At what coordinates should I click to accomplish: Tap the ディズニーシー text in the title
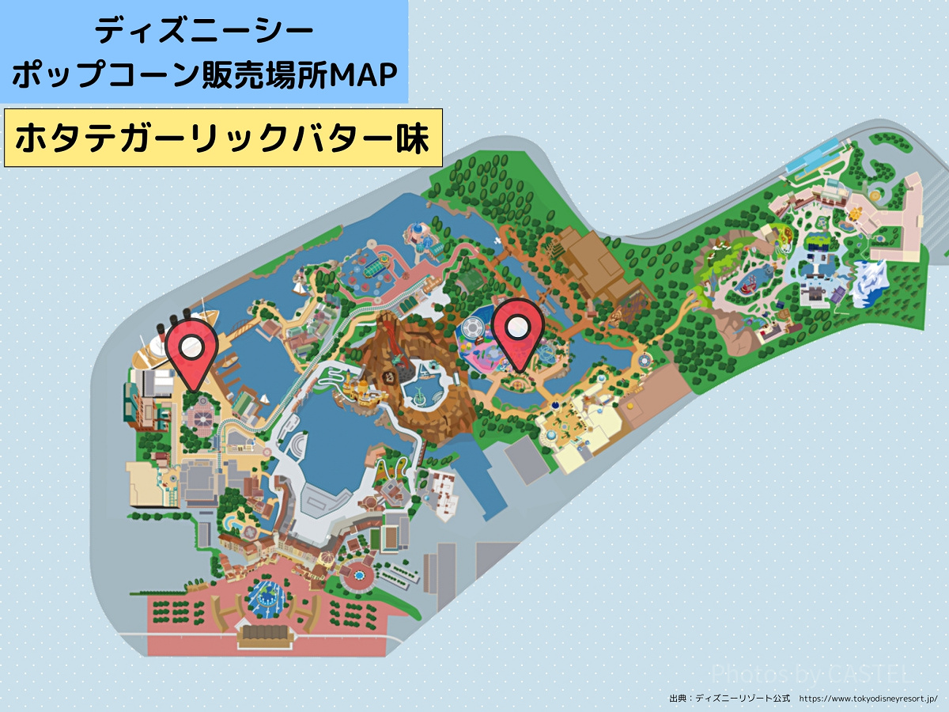pos(204,32)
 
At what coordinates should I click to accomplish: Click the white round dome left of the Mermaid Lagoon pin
pos(471,327)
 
